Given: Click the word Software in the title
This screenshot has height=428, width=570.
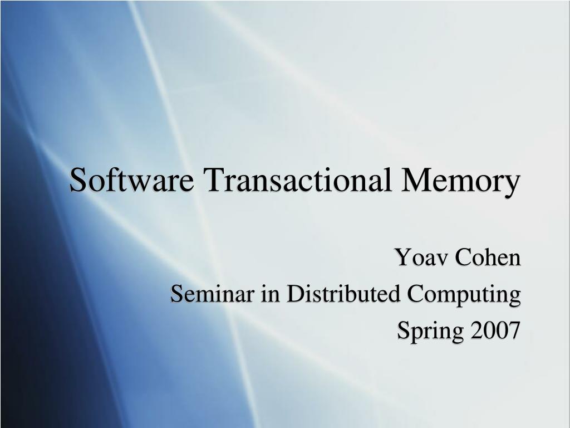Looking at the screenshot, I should [132, 181].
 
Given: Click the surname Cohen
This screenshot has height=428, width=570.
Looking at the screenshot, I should [488, 257].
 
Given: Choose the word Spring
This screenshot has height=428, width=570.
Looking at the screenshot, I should [431, 332].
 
